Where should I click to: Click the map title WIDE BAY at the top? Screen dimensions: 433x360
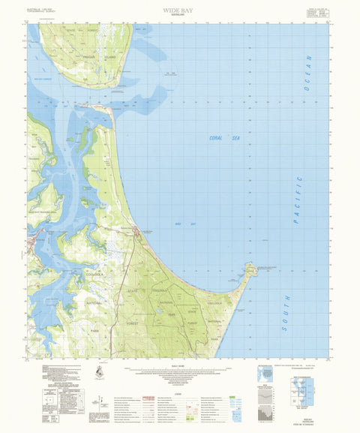[x=179, y=11]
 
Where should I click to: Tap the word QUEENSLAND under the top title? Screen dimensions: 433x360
[x=179, y=17]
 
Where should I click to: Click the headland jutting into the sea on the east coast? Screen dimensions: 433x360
[x=249, y=270]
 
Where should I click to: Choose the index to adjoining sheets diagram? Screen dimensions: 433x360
[x=303, y=388]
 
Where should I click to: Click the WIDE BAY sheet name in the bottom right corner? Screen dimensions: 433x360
[x=303, y=422]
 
